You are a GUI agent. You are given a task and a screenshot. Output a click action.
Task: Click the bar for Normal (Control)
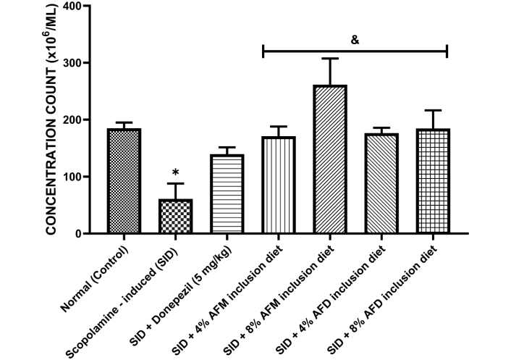[124, 181]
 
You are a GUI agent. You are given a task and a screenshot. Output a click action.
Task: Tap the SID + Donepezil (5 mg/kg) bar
[227, 193]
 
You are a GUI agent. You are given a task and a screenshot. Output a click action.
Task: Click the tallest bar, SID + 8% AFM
[331, 159]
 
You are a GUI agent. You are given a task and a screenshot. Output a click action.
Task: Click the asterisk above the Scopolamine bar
[175, 174]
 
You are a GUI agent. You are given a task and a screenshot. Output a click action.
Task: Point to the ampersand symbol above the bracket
[355, 41]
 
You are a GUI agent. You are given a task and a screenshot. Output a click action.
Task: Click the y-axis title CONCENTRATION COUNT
[54, 120]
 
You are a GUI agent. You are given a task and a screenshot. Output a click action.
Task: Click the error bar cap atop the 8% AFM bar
[331, 59]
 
